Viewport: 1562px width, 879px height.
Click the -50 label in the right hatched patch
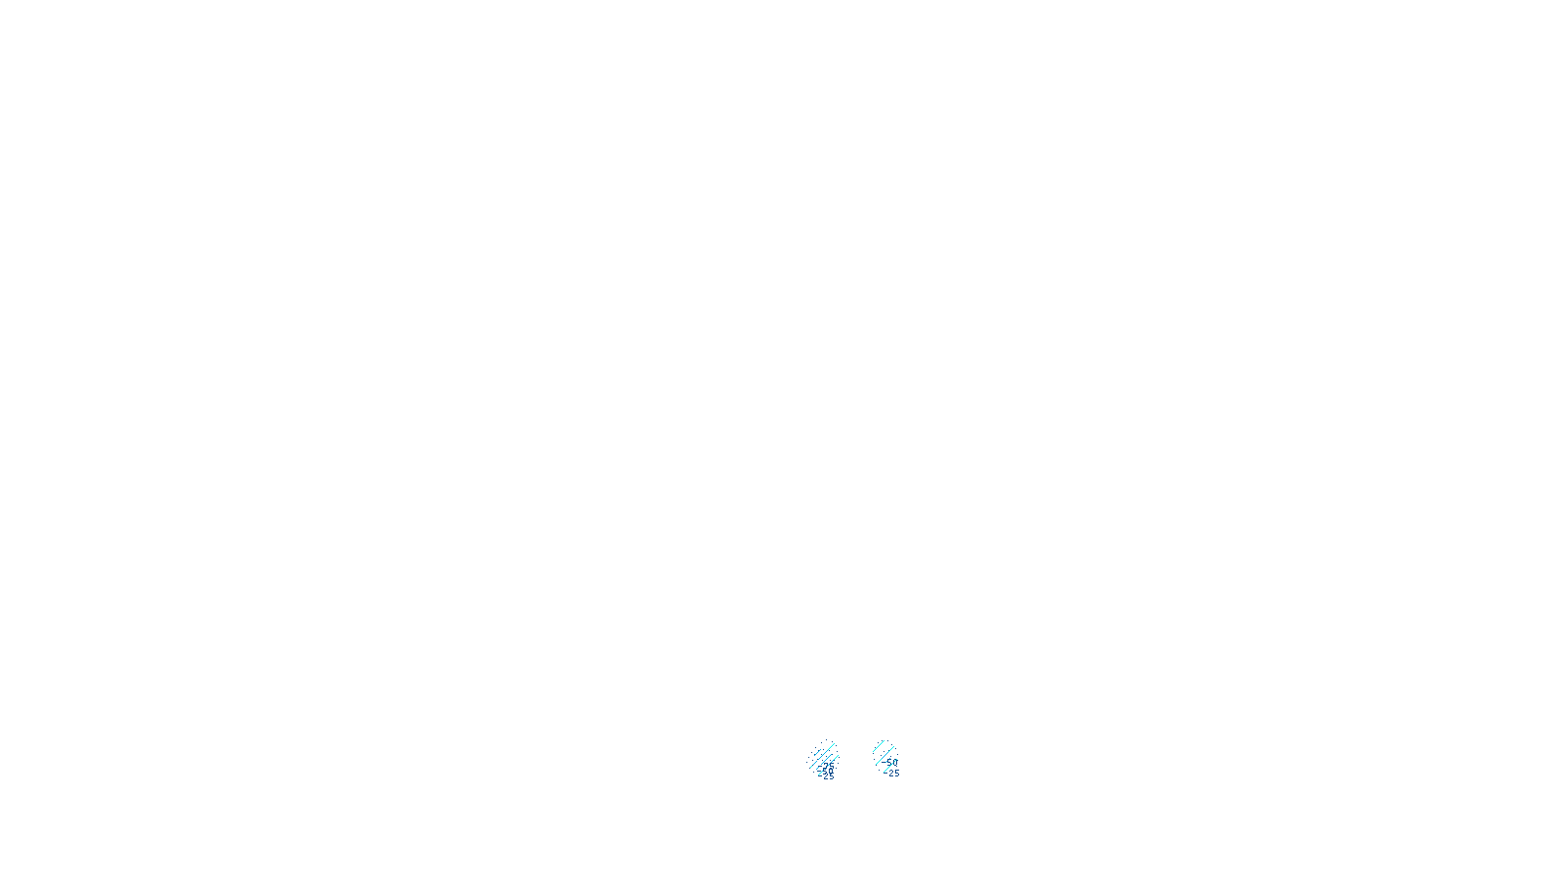tap(890, 763)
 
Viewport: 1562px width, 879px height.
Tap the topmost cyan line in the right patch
tap(879, 746)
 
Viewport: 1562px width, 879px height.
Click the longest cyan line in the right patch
tap(884, 755)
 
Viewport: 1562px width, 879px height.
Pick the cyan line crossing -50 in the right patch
tap(889, 766)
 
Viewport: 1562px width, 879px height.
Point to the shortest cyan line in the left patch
tap(817, 752)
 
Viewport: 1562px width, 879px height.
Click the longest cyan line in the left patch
tap(822, 756)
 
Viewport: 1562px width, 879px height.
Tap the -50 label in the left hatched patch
tap(826, 771)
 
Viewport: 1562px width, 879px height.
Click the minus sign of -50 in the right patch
tap(884, 762)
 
